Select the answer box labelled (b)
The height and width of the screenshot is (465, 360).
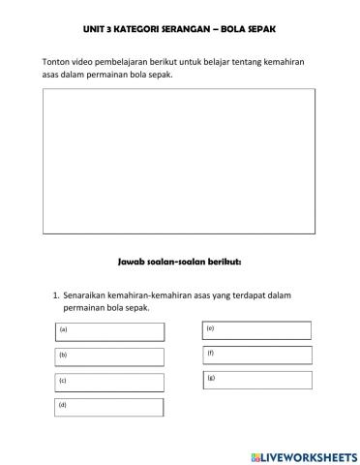(109, 357)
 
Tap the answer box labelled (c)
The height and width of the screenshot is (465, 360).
(109, 383)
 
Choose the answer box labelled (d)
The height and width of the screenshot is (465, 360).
(109, 408)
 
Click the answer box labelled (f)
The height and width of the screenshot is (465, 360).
(257, 356)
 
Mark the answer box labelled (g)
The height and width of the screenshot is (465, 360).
(257, 380)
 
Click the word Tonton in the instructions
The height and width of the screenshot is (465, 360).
(57, 63)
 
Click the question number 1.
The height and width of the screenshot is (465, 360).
(55, 294)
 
